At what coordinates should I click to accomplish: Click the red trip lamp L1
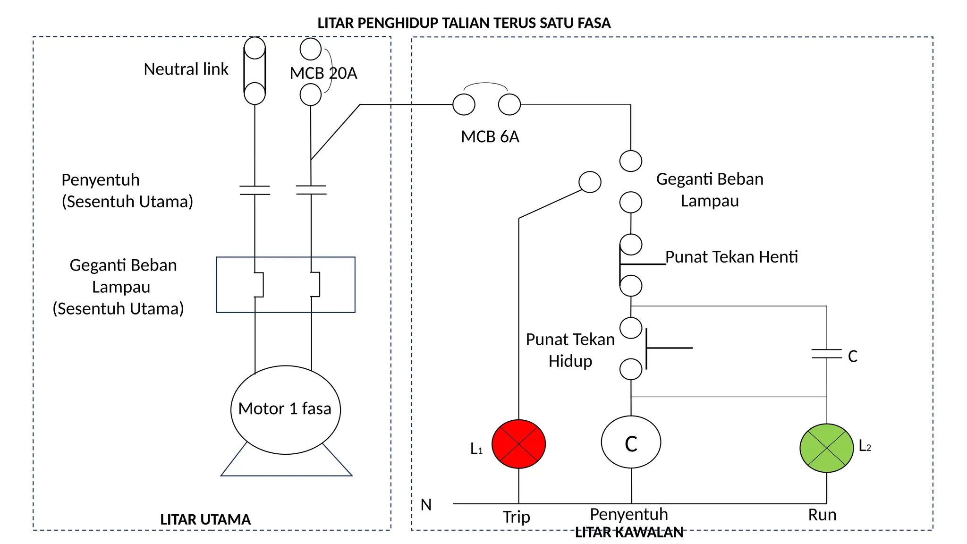[x=518, y=444]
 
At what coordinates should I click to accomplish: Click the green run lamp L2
[x=826, y=448]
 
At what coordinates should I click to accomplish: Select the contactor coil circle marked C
[x=631, y=442]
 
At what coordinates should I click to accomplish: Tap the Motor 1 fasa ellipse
[x=285, y=409]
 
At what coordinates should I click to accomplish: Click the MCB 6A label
[x=490, y=137]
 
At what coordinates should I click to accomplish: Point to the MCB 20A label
[x=323, y=73]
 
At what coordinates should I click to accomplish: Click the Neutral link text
[x=186, y=69]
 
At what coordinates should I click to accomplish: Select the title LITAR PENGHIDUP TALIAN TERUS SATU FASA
[x=464, y=23]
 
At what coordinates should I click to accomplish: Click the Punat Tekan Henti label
[x=731, y=257]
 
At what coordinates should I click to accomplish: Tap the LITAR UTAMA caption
[x=205, y=519]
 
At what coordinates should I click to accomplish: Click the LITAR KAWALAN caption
[x=629, y=533]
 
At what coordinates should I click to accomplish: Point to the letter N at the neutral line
[x=426, y=505]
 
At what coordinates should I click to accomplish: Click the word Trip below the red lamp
[x=516, y=517]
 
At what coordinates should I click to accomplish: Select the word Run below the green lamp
[x=822, y=515]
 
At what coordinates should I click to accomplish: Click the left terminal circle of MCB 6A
[x=464, y=104]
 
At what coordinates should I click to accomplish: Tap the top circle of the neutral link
[x=254, y=48]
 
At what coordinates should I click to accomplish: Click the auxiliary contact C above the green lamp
[x=826, y=354]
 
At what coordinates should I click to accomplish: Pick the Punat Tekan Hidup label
[x=570, y=350]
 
